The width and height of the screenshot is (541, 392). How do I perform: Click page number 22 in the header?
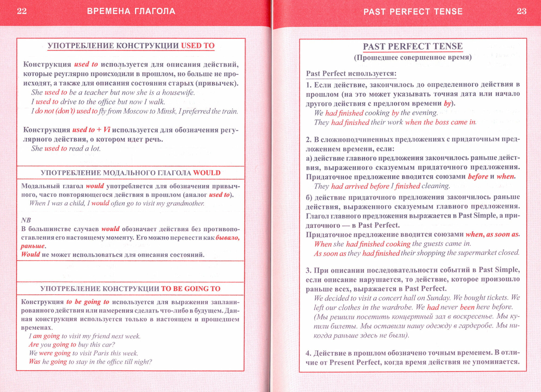pyautogui.click(x=22, y=11)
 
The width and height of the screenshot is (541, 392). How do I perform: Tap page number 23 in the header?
pyautogui.click(x=522, y=11)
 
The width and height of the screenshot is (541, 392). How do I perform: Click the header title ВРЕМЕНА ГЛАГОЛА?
pyautogui.click(x=131, y=11)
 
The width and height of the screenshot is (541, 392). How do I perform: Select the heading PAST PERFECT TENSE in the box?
pyautogui.click(x=413, y=46)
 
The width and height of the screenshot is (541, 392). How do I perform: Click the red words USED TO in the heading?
pyautogui.click(x=198, y=45)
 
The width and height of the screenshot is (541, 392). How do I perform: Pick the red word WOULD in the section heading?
pyautogui.click(x=207, y=173)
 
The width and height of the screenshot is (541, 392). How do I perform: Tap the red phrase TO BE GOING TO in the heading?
pyautogui.click(x=191, y=289)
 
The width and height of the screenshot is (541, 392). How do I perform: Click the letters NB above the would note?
pyautogui.click(x=26, y=220)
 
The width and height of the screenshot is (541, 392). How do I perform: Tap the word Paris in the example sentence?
pyautogui.click(x=101, y=353)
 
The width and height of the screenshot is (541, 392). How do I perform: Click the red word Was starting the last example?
pyautogui.click(x=35, y=361)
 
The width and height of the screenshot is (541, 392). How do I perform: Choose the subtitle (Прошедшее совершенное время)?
pyautogui.click(x=413, y=58)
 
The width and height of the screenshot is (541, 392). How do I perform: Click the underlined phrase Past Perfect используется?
pyautogui.click(x=351, y=74)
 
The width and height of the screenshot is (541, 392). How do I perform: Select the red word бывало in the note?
pyautogui.click(x=227, y=238)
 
